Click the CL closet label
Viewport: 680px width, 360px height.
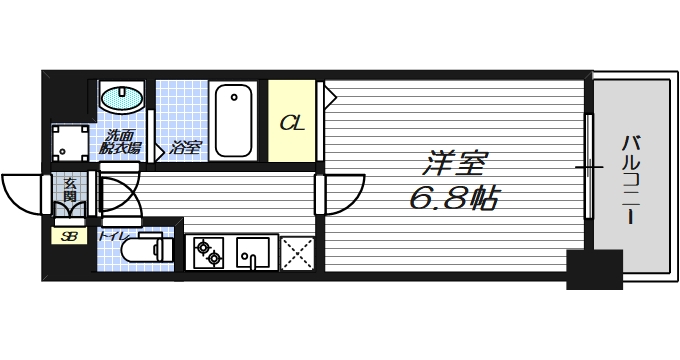click(x=292, y=124)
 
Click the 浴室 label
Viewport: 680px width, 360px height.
click(x=185, y=148)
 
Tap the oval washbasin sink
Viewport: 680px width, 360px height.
click(x=122, y=98)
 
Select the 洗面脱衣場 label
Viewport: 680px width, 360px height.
click(x=120, y=142)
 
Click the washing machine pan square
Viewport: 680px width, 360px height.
click(x=71, y=143)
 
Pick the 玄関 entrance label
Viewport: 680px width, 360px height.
click(x=71, y=189)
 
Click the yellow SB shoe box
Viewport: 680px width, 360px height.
click(x=69, y=237)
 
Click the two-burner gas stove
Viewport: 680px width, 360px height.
click(x=208, y=253)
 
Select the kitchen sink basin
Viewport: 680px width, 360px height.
click(x=253, y=253)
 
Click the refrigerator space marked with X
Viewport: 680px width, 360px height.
click(x=296, y=253)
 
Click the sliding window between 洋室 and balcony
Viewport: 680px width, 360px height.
click(x=590, y=164)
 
